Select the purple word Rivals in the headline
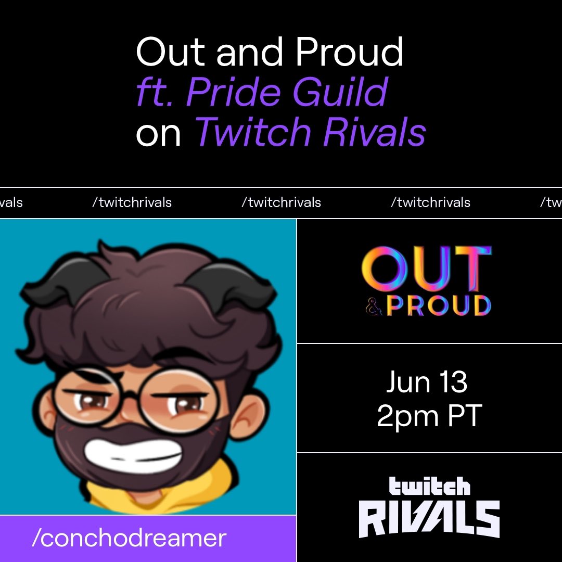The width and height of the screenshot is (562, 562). [374, 132]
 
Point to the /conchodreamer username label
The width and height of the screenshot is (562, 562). [129, 538]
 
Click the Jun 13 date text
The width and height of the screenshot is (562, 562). [427, 382]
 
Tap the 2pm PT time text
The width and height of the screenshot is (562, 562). [429, 416]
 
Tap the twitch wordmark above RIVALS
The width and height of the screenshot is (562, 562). [429, 487]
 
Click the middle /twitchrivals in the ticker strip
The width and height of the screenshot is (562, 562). [281, 202]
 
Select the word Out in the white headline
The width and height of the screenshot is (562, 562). [172, 53]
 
